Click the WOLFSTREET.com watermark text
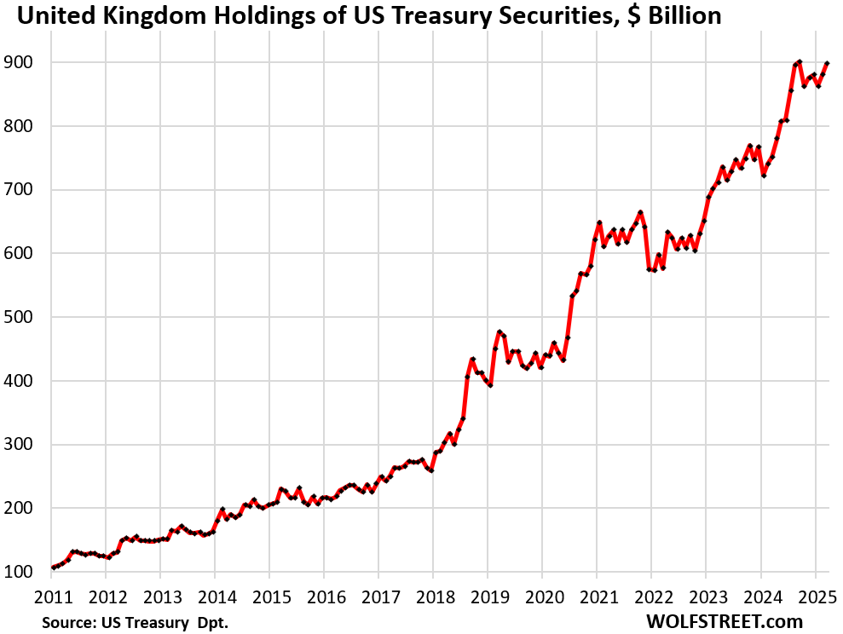pos(725,622)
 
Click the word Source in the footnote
pos(66,623)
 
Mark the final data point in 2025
pos(827,64)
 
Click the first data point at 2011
pos(53,568)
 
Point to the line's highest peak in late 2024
pos(800,61)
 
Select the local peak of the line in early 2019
pos(499,332)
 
